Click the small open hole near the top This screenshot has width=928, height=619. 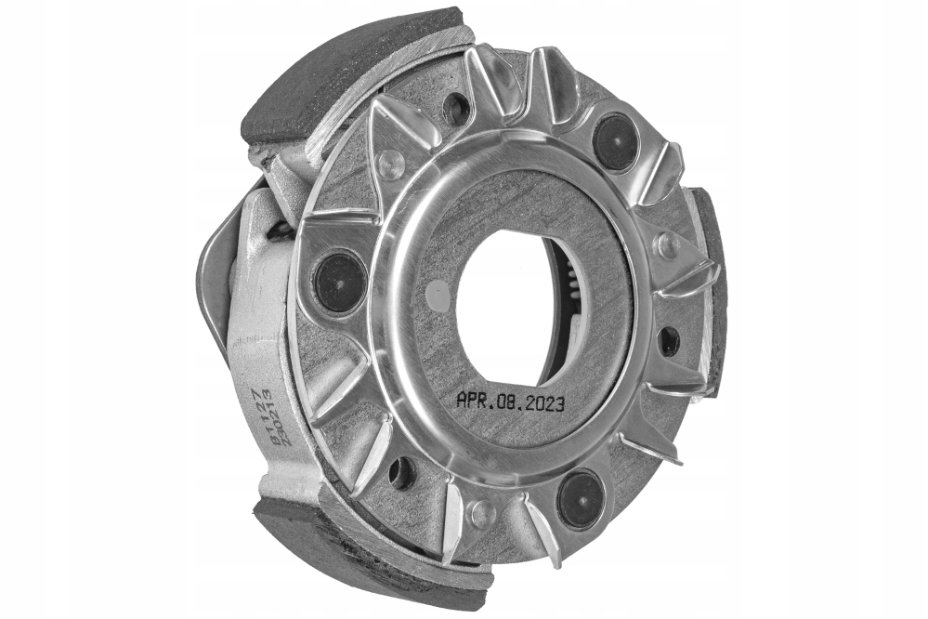[x=456, y=110]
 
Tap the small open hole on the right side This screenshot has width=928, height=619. [x=669, y=340]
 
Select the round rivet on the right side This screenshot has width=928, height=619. [x=665, y=244]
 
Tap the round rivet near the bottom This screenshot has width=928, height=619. [x=480, y=512]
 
